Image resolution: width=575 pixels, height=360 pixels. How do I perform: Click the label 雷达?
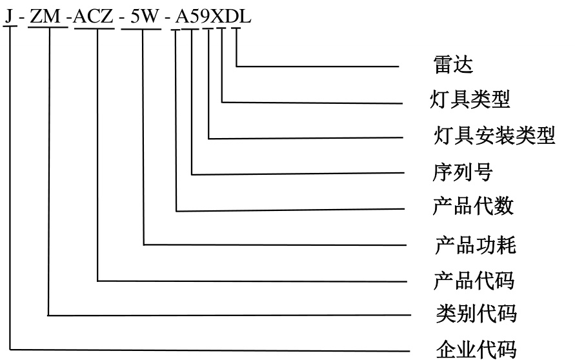pos(453,65)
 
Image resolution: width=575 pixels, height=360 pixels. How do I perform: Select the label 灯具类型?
pos(470,99)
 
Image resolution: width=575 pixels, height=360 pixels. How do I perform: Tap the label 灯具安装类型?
pos(494,136)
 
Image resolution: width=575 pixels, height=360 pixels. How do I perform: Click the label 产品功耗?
pos(475,245)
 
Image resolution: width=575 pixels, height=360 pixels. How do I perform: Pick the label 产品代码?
pos(474,281)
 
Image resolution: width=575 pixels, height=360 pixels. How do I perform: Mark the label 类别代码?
pos(476,314)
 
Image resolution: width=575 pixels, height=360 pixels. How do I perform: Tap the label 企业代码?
pos(476,350)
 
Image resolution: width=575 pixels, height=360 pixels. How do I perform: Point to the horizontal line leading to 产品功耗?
pos(277,245)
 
